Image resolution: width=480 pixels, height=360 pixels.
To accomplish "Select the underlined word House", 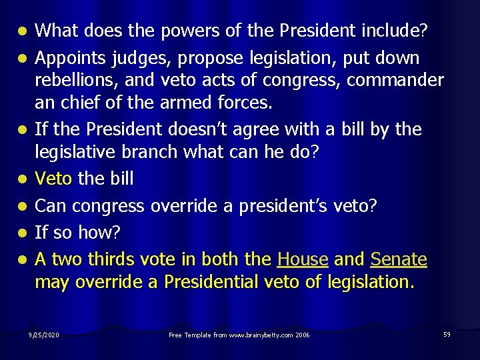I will (302, 259).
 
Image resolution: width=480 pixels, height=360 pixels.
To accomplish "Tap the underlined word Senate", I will (399, 259).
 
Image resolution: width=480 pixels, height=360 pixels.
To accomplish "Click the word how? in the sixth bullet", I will (99, 233).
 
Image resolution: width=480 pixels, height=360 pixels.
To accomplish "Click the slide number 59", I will (447, 333).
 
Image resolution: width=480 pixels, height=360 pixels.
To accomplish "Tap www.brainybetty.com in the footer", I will (259, 334).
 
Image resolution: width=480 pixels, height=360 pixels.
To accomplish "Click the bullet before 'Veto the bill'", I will (22, 179).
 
